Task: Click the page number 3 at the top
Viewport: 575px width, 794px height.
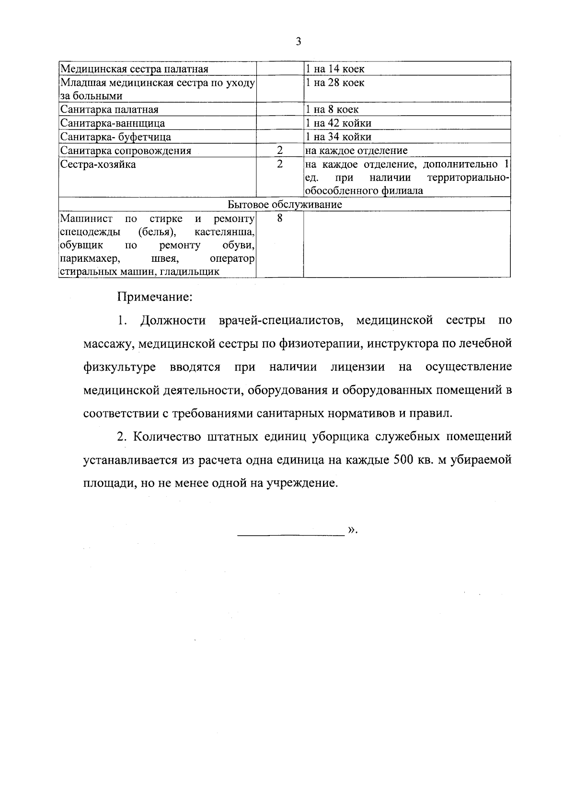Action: coord(298,42)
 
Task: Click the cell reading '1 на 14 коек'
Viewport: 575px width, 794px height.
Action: coord(335,69)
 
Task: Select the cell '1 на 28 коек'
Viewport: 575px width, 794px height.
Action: coord(335,83)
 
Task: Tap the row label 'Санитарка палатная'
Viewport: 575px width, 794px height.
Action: coord(109,110)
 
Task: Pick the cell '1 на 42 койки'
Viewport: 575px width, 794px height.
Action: coord(338,123)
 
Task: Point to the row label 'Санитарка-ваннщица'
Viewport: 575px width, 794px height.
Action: coord(113,123)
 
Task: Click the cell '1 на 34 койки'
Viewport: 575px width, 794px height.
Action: coord(338,137)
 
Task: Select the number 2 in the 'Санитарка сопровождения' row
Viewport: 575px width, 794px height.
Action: coord(280,151)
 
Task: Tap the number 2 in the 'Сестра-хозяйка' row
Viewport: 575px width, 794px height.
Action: coord(280,164)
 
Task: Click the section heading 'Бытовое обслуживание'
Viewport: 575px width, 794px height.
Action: coord(285,205)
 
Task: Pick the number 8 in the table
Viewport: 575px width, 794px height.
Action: coord(280,219)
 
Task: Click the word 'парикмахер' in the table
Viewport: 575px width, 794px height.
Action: coord(89,259)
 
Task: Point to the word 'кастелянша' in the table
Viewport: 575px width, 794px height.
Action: coord(224,233)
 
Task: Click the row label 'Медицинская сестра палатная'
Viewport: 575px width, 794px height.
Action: coord(134,69)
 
